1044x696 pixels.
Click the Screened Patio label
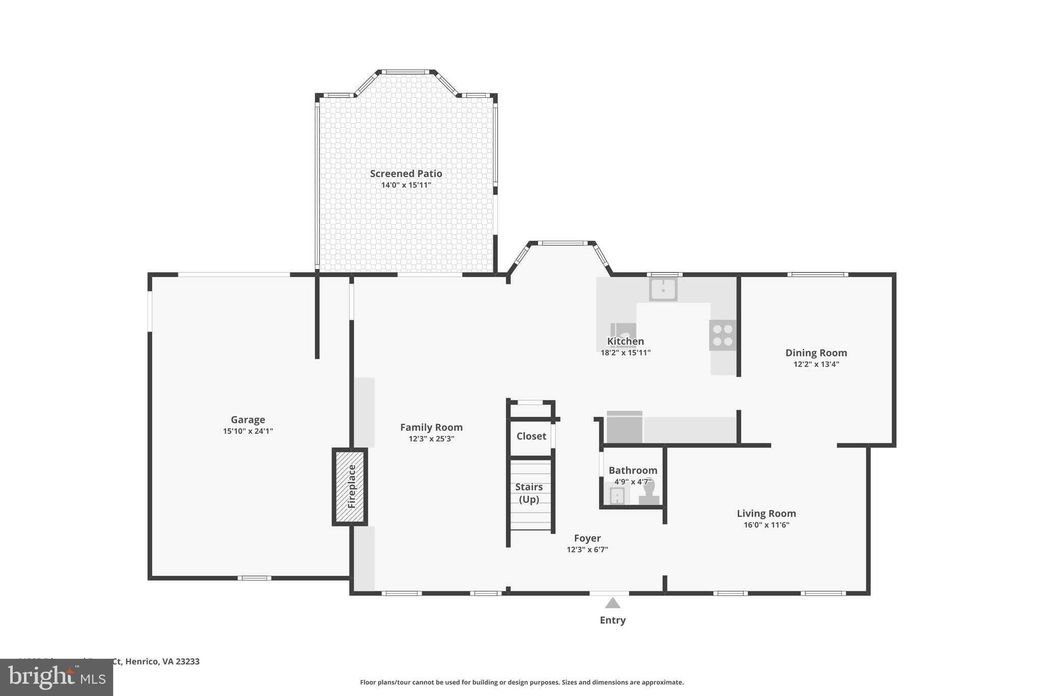406,173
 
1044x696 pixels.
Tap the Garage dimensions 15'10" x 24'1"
248,431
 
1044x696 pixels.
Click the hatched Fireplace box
350,486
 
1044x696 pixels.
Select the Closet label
531,436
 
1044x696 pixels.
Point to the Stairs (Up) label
529,493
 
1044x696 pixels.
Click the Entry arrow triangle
612,604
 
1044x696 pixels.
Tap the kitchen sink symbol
663,290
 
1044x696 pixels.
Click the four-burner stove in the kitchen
722,335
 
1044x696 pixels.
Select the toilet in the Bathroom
649,493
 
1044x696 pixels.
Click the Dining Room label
816,353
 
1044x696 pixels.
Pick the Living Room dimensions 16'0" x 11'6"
766,525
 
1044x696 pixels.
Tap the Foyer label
587,538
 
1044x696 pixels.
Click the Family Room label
431,427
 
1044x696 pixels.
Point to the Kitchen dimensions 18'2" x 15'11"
625,353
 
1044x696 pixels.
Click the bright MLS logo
57,678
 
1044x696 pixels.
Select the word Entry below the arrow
612,621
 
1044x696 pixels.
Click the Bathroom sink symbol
617,495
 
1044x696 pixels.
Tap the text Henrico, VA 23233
162,661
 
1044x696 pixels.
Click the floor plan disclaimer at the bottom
521,682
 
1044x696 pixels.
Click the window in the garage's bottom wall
254,578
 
